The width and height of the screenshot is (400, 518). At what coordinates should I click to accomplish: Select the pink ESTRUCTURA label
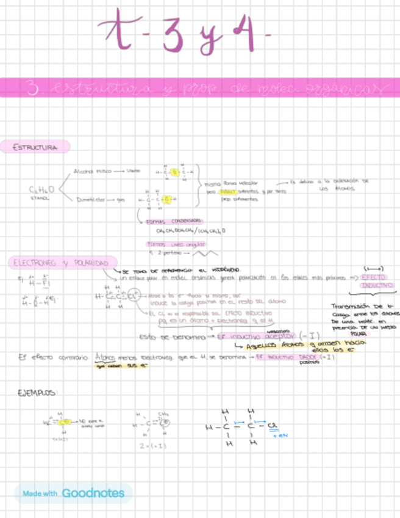(x=35, y=147)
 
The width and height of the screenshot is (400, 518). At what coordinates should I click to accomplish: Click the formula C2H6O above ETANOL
(x=41, y=191)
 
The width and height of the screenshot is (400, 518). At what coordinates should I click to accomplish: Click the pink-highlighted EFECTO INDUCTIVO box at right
(x=376, y=281)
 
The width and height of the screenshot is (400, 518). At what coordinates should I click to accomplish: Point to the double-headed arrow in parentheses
(x=373, y=268)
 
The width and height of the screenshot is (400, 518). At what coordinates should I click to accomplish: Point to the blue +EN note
(x=279, y=436)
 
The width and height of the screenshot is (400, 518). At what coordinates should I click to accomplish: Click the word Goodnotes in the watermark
(x=93, y=493)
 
